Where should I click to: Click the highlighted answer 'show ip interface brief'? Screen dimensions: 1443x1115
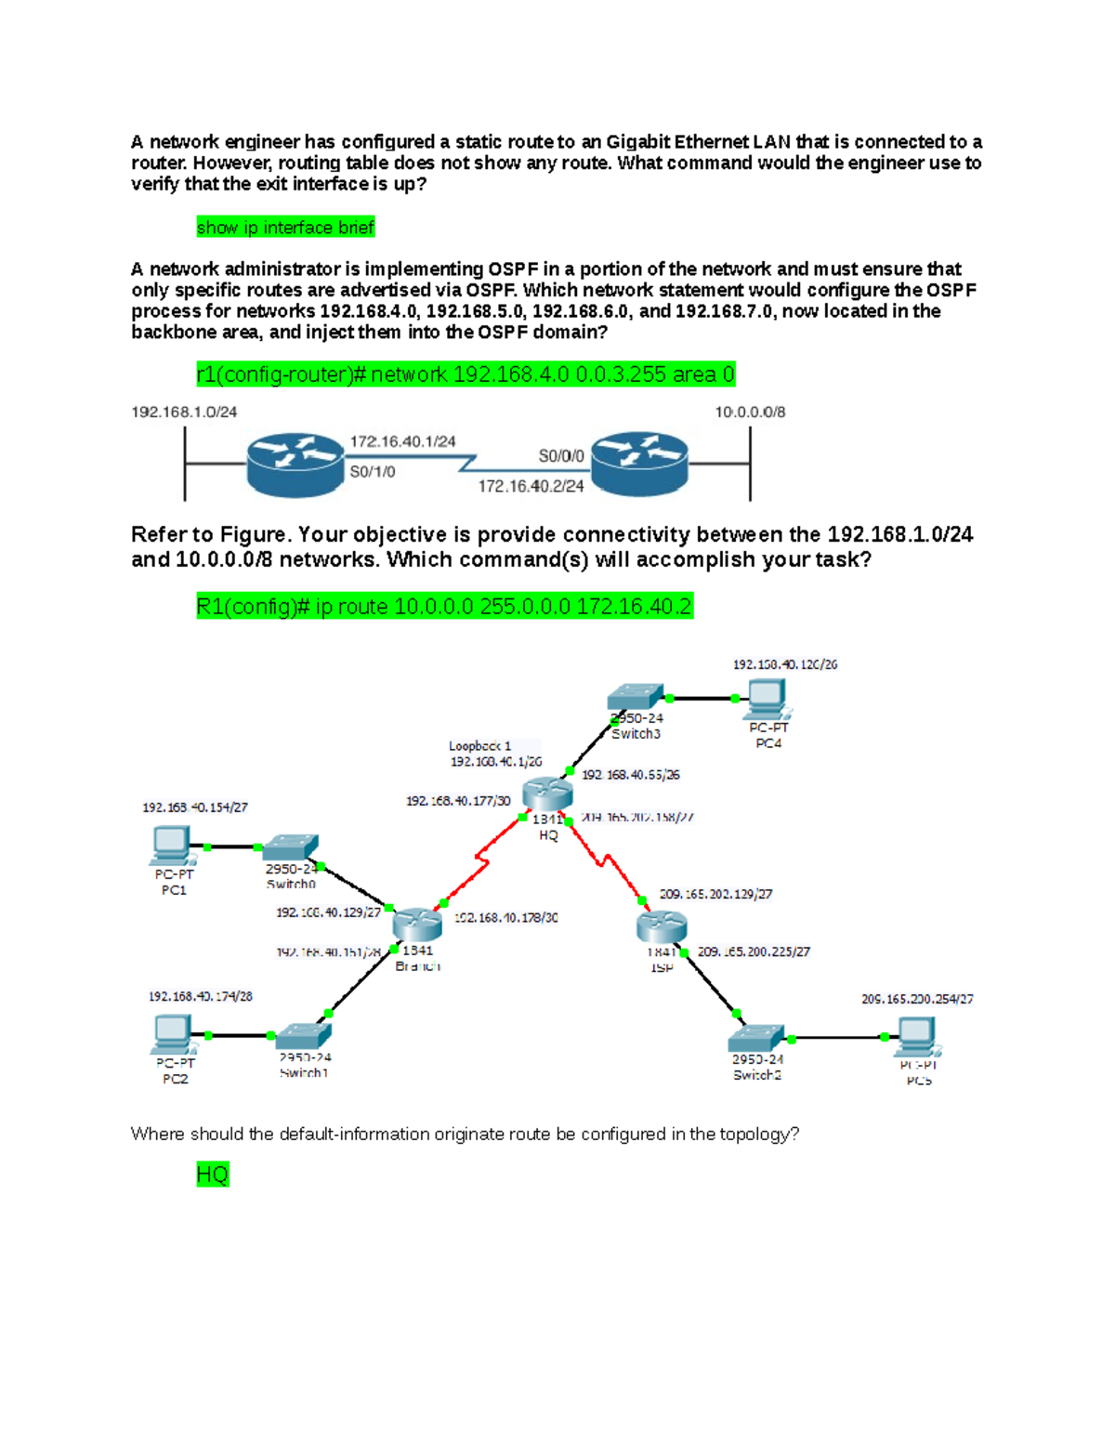285,228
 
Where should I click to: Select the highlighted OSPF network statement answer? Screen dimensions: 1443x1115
466,374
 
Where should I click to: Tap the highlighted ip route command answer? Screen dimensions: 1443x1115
444,607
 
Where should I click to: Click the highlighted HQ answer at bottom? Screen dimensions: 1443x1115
212,1174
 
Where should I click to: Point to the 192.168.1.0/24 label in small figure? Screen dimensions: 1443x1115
184,412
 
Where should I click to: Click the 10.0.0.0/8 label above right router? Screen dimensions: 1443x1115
750,412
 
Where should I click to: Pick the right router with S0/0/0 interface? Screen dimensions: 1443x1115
639,462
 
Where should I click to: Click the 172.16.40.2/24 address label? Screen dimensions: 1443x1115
531,486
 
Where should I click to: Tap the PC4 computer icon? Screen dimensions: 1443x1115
767,698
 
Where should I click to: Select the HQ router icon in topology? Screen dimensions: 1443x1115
547,794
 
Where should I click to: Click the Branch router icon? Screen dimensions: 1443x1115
417,924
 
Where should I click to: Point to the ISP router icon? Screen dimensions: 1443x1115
662,926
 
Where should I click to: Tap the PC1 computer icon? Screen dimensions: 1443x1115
172,845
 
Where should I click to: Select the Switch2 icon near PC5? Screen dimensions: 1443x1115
756,1038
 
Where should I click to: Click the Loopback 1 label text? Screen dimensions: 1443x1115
479,746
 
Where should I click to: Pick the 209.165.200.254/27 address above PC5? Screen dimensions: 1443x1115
917,999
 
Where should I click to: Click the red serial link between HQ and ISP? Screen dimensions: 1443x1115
604,860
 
